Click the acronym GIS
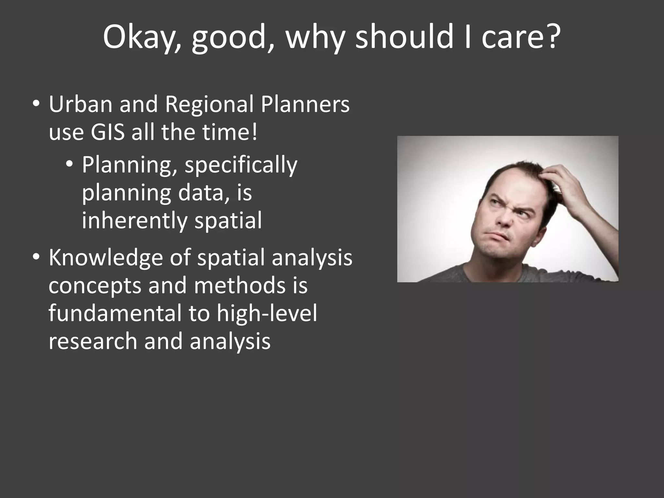pos(107,132)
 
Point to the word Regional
pos(209,104)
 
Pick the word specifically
pos(241,165)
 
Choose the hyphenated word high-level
pos(267,314)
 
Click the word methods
pos(240,286)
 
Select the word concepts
pos(95,286)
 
